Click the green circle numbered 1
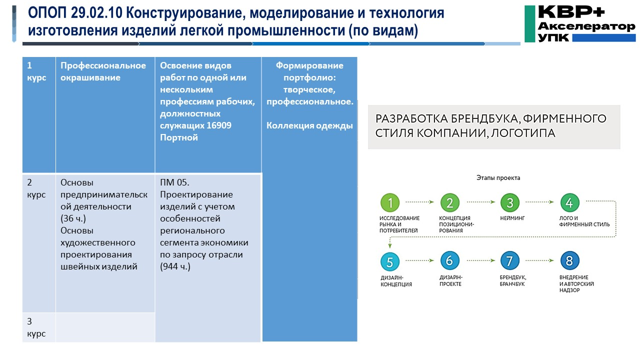390,202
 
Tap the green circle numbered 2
449,202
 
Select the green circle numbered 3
509,202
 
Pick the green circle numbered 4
569,202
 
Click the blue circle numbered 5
390,261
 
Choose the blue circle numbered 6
449,261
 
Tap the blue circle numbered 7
509,261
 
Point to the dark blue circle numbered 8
569,261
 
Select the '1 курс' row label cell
36,71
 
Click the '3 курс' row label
36,327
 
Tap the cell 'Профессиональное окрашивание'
103,71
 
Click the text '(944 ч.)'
175,266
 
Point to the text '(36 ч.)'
76,218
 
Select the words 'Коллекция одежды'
309,125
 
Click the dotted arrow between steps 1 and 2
419,202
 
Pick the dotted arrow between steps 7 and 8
539,261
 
